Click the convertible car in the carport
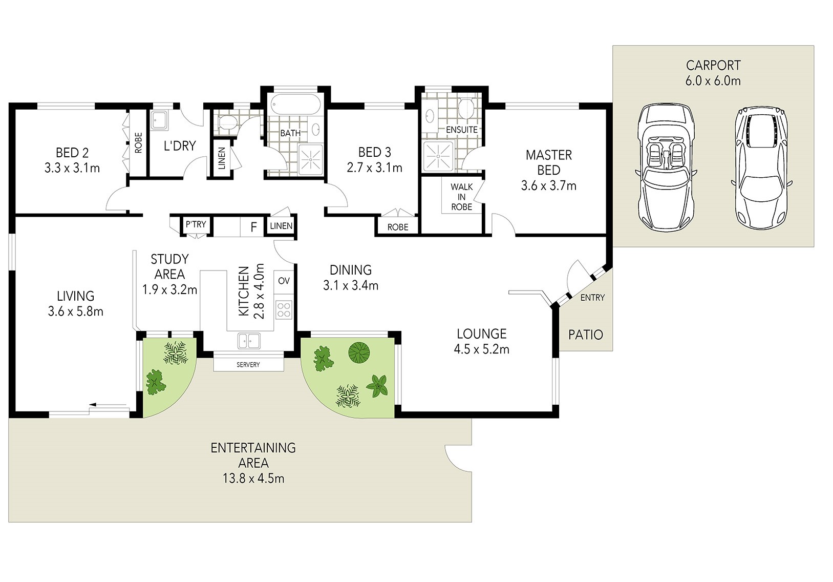(666, 168)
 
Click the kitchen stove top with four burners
(284, 310)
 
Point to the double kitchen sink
(249, 341)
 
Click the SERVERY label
(248, 365)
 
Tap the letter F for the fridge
(253, 226)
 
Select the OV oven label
(284, 281)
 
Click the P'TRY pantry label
(196, 224)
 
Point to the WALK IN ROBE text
(461, 197)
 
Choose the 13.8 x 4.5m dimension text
(253, 478)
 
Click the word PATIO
(585, 335)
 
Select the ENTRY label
(592, 297)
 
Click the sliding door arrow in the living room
(108, 404)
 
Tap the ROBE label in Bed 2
(138, 143)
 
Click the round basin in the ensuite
(430, 116)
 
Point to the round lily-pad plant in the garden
(359, 352)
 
